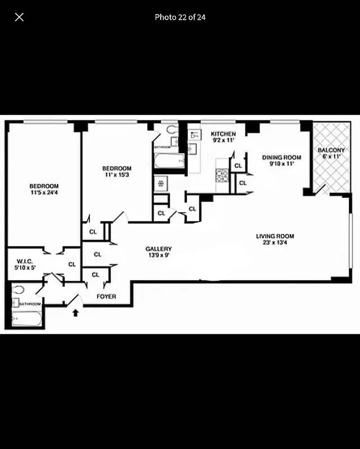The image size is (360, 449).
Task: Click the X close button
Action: tap(19, 17)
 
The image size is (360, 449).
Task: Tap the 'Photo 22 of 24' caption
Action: tap(180, 17)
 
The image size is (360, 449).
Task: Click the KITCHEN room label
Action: tap(223, 134)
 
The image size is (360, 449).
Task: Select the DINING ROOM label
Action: tap(282, 158)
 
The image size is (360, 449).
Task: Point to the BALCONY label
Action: tap(331, 150)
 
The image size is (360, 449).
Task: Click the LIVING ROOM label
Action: tap(275, 236)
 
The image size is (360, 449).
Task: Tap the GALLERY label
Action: tap(158, 249)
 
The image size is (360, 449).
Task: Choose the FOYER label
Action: tap(106, 296)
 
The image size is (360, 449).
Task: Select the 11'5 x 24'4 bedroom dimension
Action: tap(44, 193)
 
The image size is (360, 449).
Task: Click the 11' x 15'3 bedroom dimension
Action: tap(117, 175)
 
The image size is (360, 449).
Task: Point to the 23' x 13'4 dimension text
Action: tap(275, 243)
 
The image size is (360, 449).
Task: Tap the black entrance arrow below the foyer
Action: tap(75, 312)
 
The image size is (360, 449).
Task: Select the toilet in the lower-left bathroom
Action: tap(19, 290)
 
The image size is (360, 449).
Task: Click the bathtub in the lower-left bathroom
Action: tap(27, 318)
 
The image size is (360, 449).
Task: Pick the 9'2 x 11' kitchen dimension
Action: tap(223, 140)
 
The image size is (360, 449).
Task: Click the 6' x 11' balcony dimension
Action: tap(331, 157)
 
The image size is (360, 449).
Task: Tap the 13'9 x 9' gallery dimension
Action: tap(158, 256)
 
